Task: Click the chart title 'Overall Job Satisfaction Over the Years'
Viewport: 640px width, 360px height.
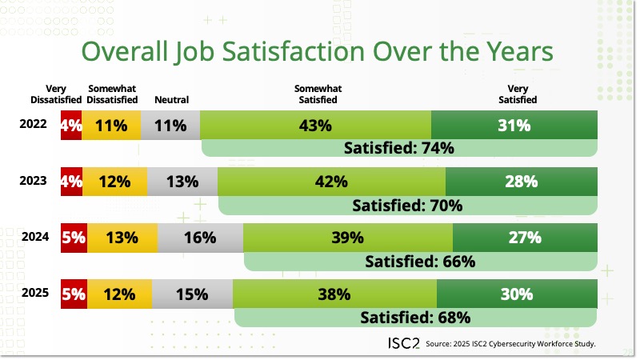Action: click(x=318, y=52)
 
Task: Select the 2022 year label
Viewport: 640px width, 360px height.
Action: click(x=34, y=125)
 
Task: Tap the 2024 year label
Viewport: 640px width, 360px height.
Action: click(x=34, y=237)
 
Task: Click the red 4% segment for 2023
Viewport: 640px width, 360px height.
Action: click(x=71, y=182)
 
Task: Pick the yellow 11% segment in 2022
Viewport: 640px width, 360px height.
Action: click(x=111, y=126)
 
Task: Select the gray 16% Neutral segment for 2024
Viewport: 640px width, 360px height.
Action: click(x=200, y=238)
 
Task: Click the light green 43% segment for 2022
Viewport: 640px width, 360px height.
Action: click(x=315, y=126)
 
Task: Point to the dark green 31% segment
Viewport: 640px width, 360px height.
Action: click(x=514, y=126)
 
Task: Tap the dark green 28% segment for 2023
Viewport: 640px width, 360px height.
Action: click(x=521, y=182)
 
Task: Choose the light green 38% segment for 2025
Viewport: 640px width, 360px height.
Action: click(x=334, y=294)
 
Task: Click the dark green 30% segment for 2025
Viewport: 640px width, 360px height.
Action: click(x=517, y=294)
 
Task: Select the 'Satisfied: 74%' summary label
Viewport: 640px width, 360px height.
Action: click(x=399, y=148)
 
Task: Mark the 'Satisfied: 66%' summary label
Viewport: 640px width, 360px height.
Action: click(x=420, y=261)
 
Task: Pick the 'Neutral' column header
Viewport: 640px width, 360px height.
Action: click(x=171, y=100)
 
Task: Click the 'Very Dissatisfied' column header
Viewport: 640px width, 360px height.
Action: click(x=56, y=94)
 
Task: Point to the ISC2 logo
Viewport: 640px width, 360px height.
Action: click(x=398, y=343)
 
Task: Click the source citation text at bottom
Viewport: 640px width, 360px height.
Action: click(x=512, y=345)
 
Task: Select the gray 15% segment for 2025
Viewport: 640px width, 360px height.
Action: click(x=192, y=294)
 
